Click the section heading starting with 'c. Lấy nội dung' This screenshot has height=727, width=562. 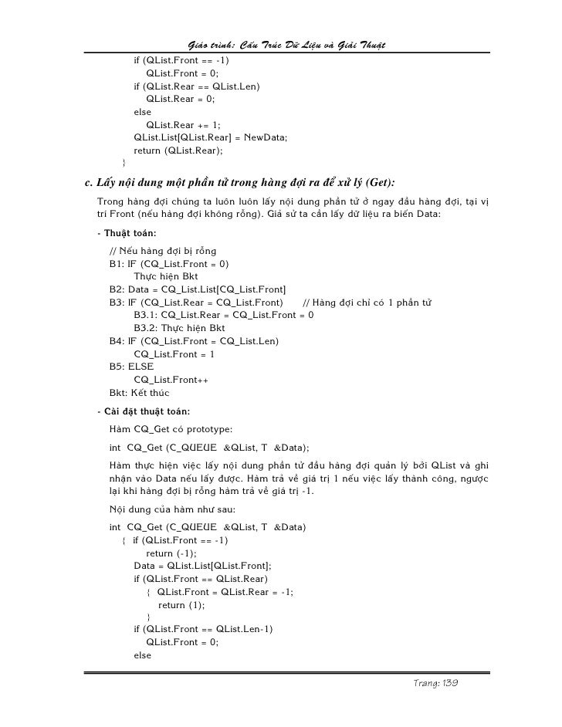[239, 183]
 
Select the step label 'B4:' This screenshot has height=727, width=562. [118, 340]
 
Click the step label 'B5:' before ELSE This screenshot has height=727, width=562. [118, 366]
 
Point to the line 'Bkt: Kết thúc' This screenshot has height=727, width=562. [139, 392]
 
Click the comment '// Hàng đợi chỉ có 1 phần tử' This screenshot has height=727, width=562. [366, 302]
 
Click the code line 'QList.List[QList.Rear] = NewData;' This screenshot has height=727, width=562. [210, 137]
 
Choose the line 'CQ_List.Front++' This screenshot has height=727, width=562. [171, 379]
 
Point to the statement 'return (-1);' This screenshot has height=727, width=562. [171, 553]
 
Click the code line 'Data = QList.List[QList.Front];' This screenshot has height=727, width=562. [202, 565]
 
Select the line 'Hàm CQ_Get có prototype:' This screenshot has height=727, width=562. [167, 428]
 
